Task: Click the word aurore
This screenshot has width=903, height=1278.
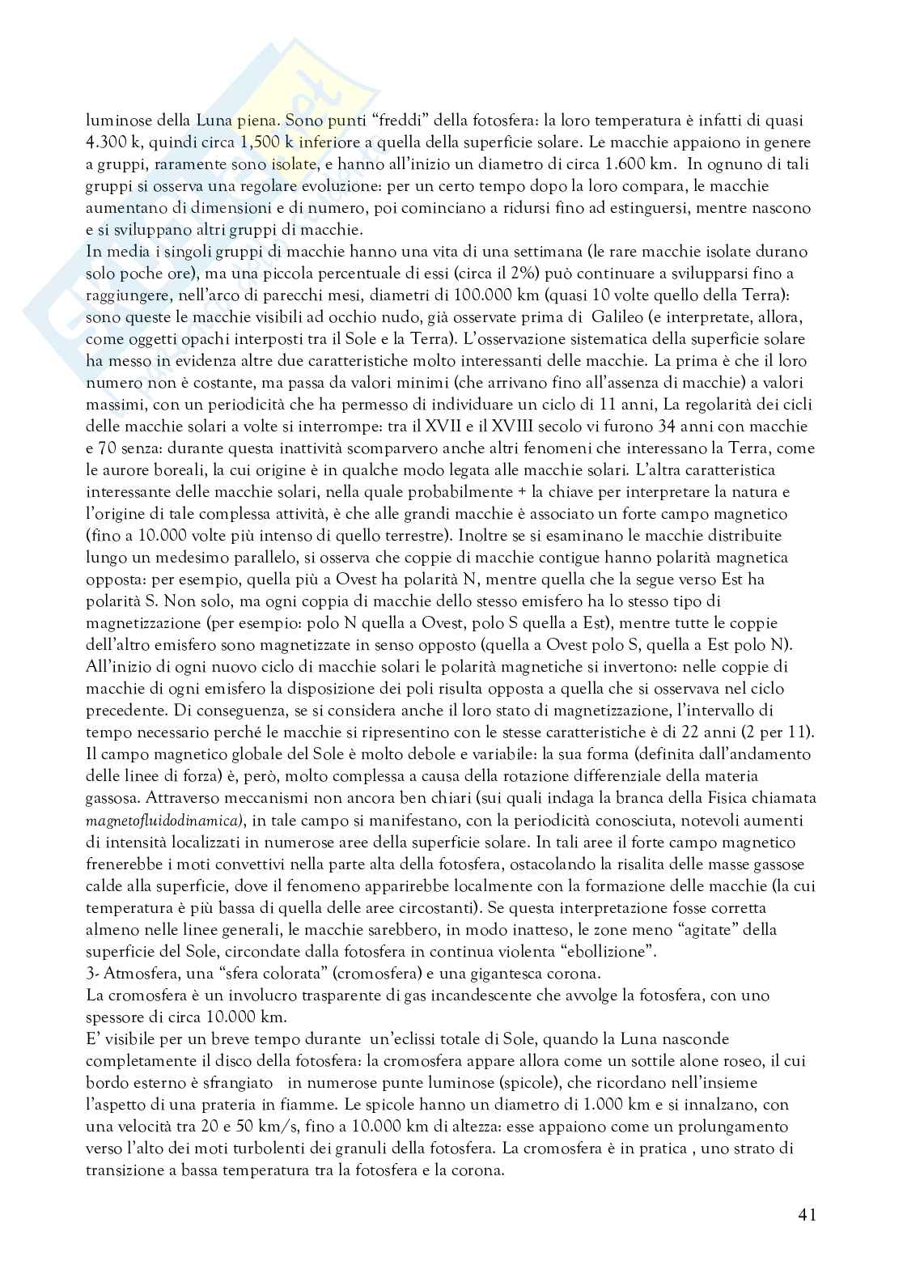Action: [x=129, y=469]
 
